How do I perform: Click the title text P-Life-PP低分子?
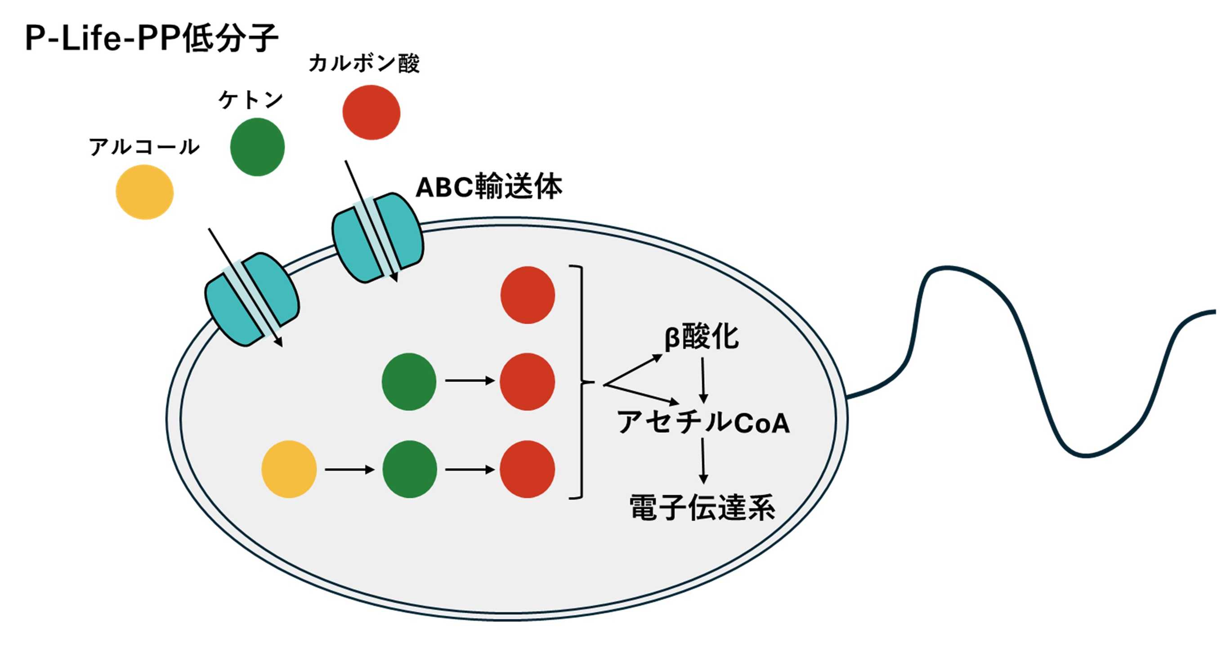(152, 38)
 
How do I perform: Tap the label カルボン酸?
(364, 63)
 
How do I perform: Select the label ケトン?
(251, 99)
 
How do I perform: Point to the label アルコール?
(144, 146)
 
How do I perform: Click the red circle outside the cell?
(371, 112)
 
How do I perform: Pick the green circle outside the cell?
(257, 147)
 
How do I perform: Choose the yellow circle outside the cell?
(145, 192)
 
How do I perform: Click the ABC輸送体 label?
(489, 187)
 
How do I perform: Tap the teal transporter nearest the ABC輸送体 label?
(377, 238)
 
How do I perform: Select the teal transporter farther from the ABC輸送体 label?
(252, 299)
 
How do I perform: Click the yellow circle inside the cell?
(289, 469)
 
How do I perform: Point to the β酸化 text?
(702, 337)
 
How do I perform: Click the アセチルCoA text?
(703, 422)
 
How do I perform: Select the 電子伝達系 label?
(702, 508)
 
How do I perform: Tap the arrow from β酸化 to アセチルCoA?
(703, 380)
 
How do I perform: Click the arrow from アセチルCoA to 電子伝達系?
(703, 461)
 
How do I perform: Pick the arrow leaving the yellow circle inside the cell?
(350, 470)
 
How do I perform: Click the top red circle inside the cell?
(528, 295)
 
